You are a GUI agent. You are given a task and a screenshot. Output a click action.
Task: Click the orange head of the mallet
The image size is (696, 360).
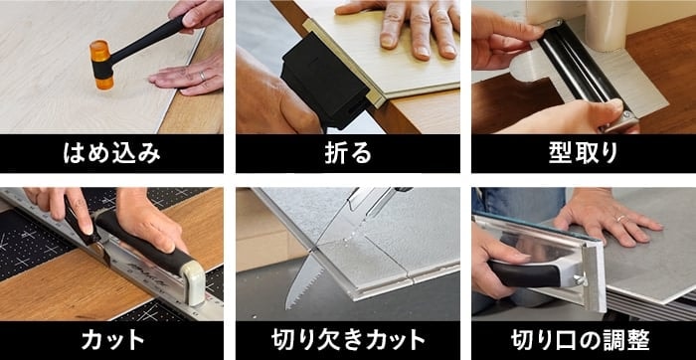[102, 65]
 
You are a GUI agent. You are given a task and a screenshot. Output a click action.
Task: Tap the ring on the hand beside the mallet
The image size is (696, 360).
[203, 76]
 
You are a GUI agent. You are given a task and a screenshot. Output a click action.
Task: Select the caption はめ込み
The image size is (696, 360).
[111, 153]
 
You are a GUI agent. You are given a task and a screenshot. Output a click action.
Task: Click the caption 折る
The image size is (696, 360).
[348, 153]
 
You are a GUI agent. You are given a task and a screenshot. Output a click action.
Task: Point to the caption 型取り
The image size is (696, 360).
[584, 153]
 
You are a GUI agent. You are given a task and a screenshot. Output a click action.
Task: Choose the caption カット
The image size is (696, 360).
[112, 340]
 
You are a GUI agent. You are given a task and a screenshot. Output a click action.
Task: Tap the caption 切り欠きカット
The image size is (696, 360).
[348, 340]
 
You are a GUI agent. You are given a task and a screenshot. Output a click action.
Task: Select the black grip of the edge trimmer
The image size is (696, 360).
[524, 273]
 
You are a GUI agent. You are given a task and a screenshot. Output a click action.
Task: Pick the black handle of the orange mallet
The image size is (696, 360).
[146, 40]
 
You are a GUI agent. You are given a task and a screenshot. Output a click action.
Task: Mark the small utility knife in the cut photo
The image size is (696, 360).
[79, 221]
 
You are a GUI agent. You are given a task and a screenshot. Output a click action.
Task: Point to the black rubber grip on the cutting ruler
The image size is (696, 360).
[142, 239]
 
